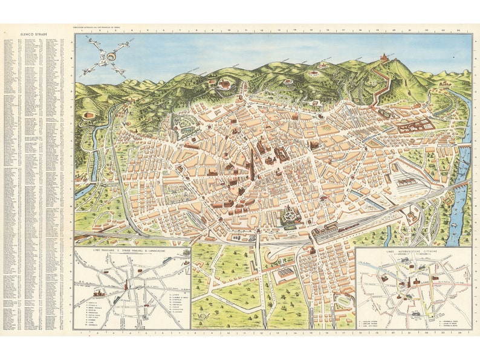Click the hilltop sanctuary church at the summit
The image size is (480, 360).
point(384,57)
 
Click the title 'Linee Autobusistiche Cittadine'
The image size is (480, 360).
point(414,251)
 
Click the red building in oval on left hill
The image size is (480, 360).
point(89,115)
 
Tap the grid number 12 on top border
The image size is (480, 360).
point(262,29)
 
